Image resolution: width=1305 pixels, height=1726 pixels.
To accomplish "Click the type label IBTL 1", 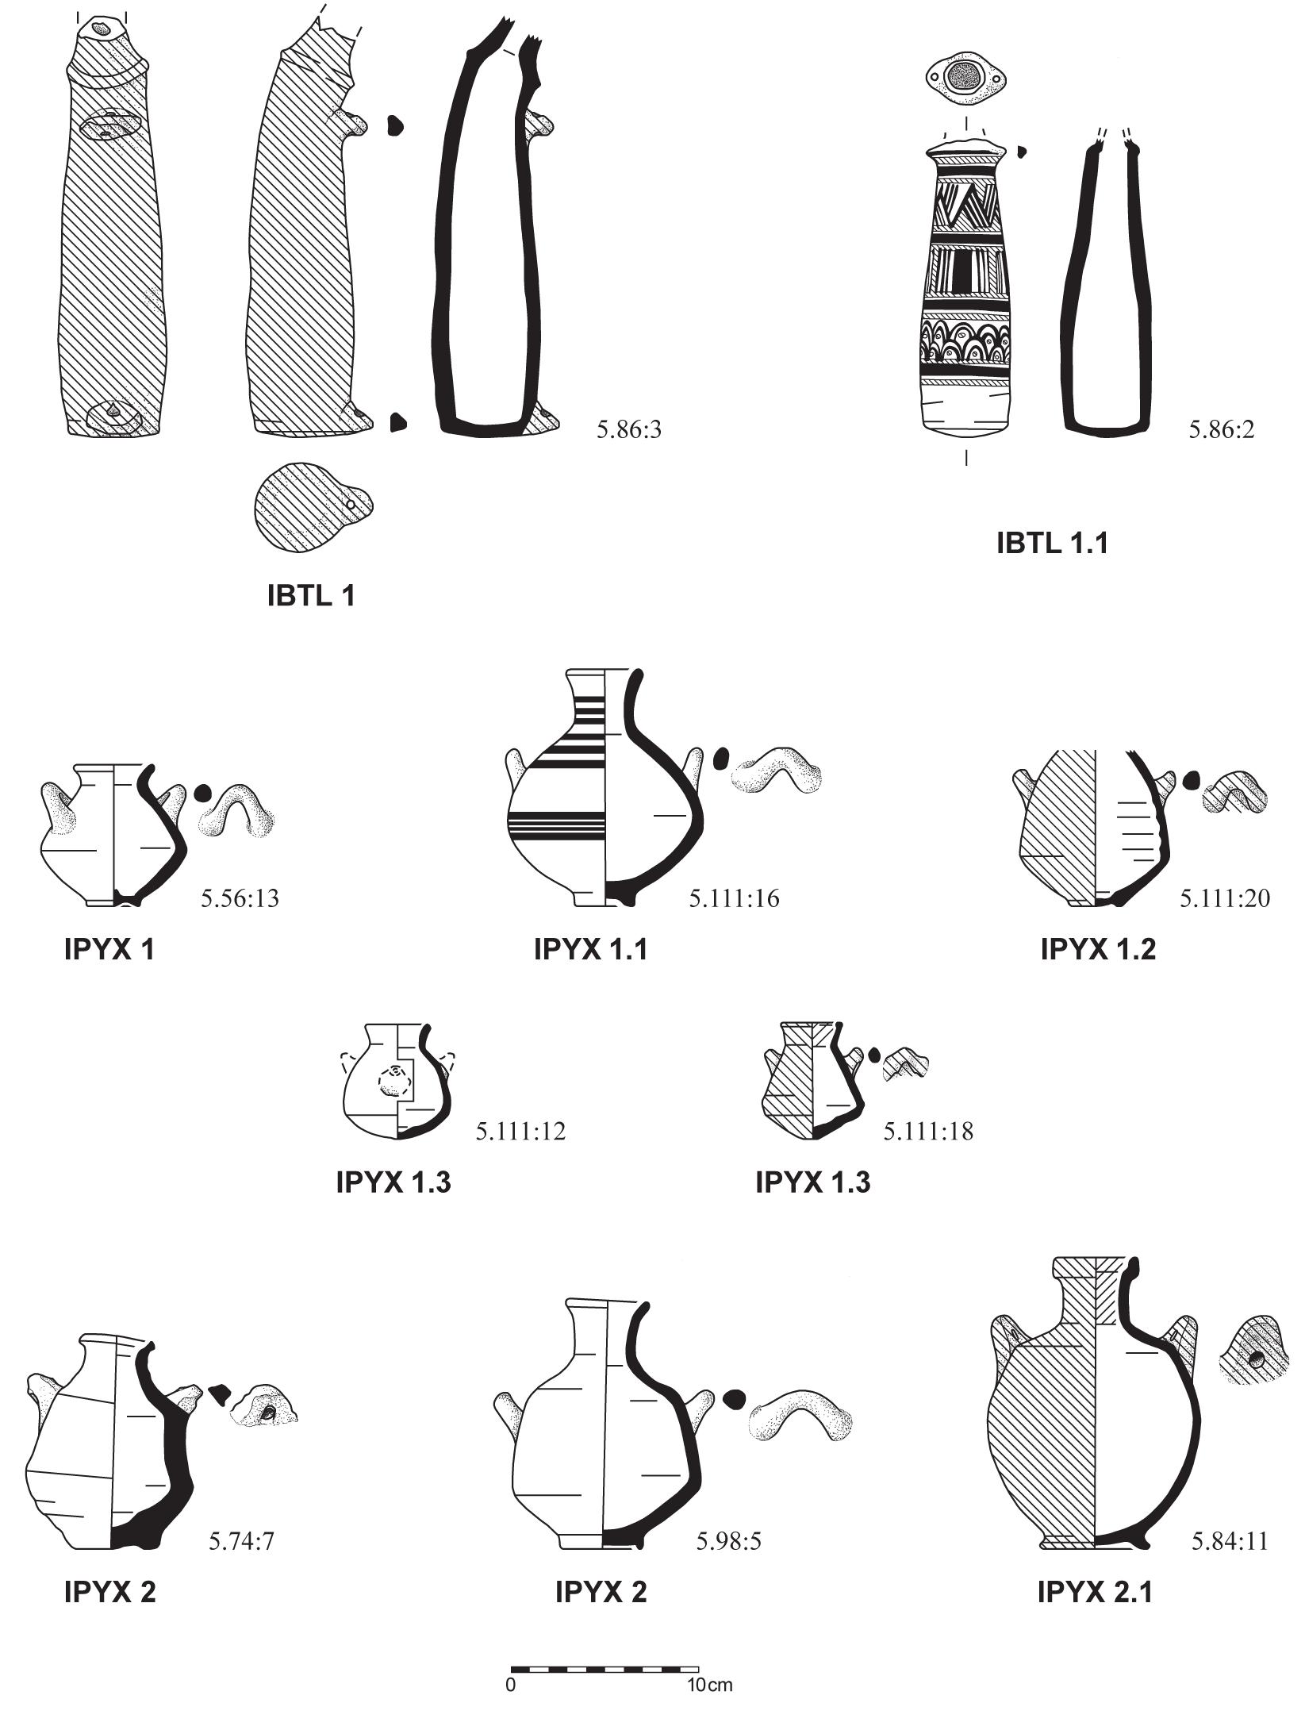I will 311,595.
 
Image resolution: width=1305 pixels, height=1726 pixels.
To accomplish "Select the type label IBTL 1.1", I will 1052,543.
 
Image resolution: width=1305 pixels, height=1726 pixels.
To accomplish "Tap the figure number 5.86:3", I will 628,430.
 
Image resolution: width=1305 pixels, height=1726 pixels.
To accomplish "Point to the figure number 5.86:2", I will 1221,430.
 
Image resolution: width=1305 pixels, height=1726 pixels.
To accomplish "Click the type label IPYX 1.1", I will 590,949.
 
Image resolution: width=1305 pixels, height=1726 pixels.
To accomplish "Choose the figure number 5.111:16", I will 734,898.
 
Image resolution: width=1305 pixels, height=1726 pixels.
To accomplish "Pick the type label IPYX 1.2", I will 1098,949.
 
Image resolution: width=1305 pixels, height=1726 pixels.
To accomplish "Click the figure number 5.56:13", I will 240,898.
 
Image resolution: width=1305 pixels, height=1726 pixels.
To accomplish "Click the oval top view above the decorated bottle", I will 966,78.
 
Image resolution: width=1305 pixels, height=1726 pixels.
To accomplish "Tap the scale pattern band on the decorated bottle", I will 966,341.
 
